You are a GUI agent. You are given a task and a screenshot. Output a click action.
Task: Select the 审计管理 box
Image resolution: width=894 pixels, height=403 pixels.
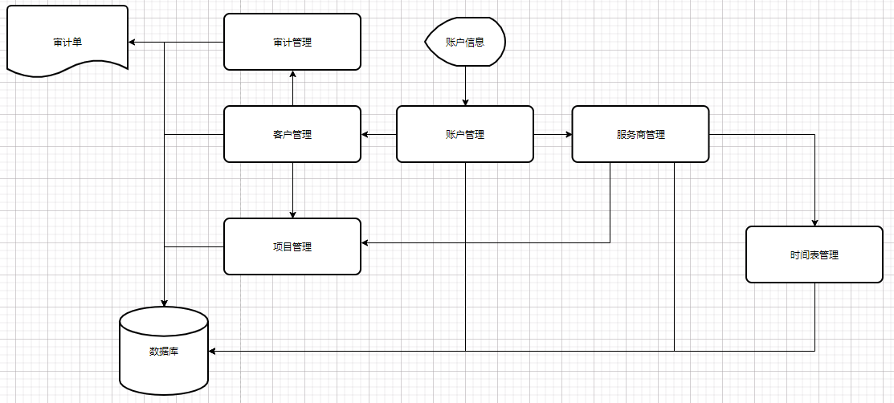click(x=292, y=42)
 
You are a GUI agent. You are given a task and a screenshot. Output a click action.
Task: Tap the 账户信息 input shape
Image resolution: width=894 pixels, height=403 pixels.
click(x=465, y=42)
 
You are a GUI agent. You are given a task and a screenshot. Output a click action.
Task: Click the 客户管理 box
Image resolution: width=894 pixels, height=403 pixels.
click(x=292, y=134)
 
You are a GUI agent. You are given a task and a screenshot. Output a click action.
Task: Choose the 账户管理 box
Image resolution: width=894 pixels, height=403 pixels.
click(x=465, y=134)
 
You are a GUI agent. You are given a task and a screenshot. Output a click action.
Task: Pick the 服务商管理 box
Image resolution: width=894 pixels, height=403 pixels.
click(x=640, y=134)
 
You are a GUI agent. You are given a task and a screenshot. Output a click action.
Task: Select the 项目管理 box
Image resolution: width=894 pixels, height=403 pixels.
click(x=292, y=246)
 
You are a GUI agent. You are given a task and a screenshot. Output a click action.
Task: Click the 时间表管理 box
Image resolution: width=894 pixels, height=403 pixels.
click(x=814, y=254)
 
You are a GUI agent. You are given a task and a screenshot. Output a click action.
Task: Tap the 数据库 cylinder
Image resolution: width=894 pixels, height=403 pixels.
click(x=164, y=351)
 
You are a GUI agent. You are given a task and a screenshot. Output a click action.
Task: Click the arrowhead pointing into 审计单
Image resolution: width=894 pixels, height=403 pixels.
click(x=133, y=42)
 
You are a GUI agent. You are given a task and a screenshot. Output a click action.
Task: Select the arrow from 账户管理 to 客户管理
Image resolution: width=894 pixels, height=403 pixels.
click(x=378, y=134)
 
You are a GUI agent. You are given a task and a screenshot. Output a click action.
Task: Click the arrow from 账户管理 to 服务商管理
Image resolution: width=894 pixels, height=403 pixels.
click(x=553, y=134)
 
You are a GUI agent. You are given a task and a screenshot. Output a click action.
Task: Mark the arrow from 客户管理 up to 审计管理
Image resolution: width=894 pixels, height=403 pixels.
click(x=292, y=88)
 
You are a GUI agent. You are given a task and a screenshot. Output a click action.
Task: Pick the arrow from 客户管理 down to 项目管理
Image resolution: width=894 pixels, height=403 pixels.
click(x=292, y=190)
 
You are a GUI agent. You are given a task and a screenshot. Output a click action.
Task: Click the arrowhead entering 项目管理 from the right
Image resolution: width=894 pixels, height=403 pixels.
click(x=365, y=242)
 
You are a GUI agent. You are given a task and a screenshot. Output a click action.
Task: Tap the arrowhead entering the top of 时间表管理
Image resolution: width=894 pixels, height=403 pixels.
click(x=814, y=222)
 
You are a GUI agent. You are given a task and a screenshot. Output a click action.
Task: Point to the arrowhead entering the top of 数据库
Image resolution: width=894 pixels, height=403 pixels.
click(x=164, y=303)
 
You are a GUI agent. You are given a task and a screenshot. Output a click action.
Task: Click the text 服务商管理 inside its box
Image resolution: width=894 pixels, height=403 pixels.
click(x=640, y=134)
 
